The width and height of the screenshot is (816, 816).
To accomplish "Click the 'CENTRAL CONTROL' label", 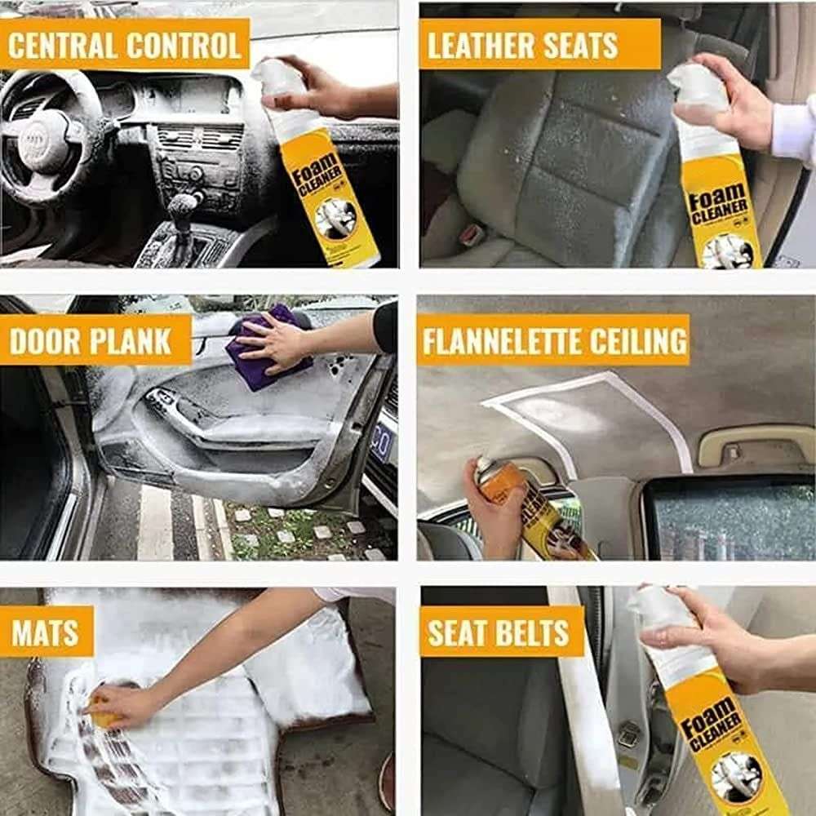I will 124,45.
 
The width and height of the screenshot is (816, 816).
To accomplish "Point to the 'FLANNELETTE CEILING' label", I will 553,340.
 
